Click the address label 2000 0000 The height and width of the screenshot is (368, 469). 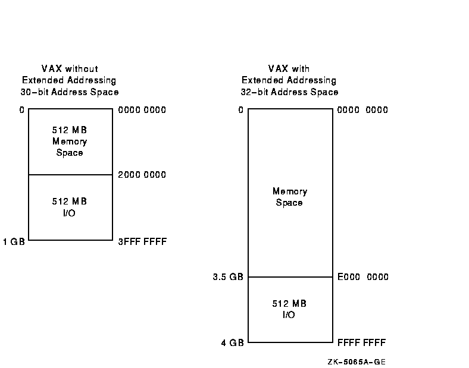[142, 175]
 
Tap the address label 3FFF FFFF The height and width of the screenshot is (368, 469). [143, 242]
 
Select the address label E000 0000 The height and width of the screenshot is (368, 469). [362, 277]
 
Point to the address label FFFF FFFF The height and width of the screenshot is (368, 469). [361, 343]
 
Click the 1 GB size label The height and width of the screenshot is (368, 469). [14, 242]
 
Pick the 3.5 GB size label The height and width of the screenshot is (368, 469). [229, 277]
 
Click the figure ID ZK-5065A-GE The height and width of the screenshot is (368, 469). [359, 361]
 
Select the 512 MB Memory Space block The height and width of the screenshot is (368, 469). [70, 141]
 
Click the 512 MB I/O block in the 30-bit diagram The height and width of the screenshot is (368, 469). [70, 207]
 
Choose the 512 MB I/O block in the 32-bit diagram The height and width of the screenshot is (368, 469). [289, 309]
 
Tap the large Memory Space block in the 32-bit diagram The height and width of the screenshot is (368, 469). [289, 197]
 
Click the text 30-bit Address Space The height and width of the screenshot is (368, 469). [70, 92]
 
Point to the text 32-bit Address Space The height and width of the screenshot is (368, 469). [289, 92]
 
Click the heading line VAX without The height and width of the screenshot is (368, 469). [70, 69]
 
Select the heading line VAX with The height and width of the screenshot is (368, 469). [289, 69]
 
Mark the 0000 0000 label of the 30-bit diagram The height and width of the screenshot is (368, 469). [142, 110]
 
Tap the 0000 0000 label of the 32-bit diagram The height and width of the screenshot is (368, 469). [362, 110]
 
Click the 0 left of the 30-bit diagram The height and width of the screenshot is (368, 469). [21, 110]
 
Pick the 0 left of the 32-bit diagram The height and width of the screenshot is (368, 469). [240, 110]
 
